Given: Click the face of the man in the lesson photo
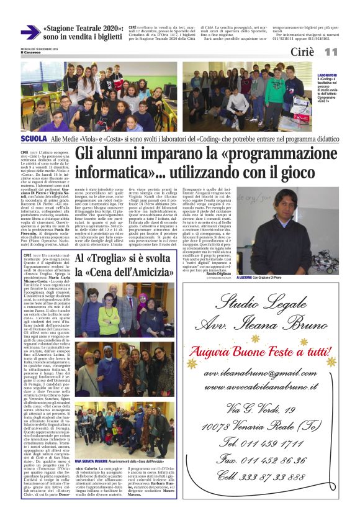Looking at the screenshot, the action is pyautogui.click(x=280, y=211).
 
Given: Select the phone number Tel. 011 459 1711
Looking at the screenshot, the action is pyautogui.click(x=270, y=443).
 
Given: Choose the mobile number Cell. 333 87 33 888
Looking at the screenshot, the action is pyautogui.click(x=271, y=477).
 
